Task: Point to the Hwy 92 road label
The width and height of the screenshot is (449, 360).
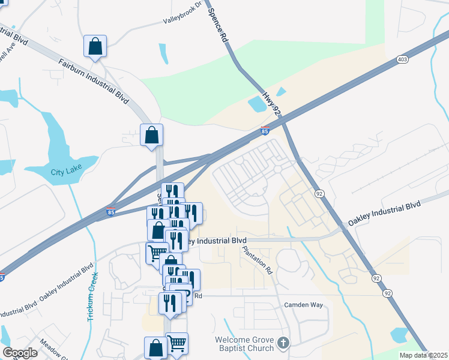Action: click(x=271, y=103)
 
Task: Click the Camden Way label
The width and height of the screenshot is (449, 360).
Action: click(x=303, y=305)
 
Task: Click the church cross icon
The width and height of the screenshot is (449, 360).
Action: click(x=283, y=344)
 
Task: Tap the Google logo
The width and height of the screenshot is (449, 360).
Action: click(x=19, y=353)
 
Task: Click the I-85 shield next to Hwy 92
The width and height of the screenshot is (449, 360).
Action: click(x=265, y=131)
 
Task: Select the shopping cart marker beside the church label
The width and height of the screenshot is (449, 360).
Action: click(x=176, y=343)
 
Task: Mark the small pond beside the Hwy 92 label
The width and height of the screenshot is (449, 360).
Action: click(x=258, y=104)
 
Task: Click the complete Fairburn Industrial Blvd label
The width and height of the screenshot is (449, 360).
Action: click(x=94, y=81)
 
